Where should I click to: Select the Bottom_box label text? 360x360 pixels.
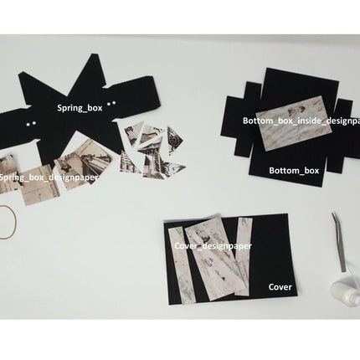pyautogui.click(x=293, y=170)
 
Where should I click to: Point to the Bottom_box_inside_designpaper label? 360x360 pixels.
pyautogui.click(x=301, y=121)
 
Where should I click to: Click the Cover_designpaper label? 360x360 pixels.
pyautogui.click(x=213, y=246)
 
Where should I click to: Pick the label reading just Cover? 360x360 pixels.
pyautogui.click(x=280, y=286)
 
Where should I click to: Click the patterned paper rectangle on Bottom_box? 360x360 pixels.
pyautogui.click(x=288, y=126)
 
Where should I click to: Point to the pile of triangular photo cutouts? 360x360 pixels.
pyautogui.click(x=153, y=149)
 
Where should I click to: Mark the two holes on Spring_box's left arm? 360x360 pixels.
pyautogui.click(x=31, y=123)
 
